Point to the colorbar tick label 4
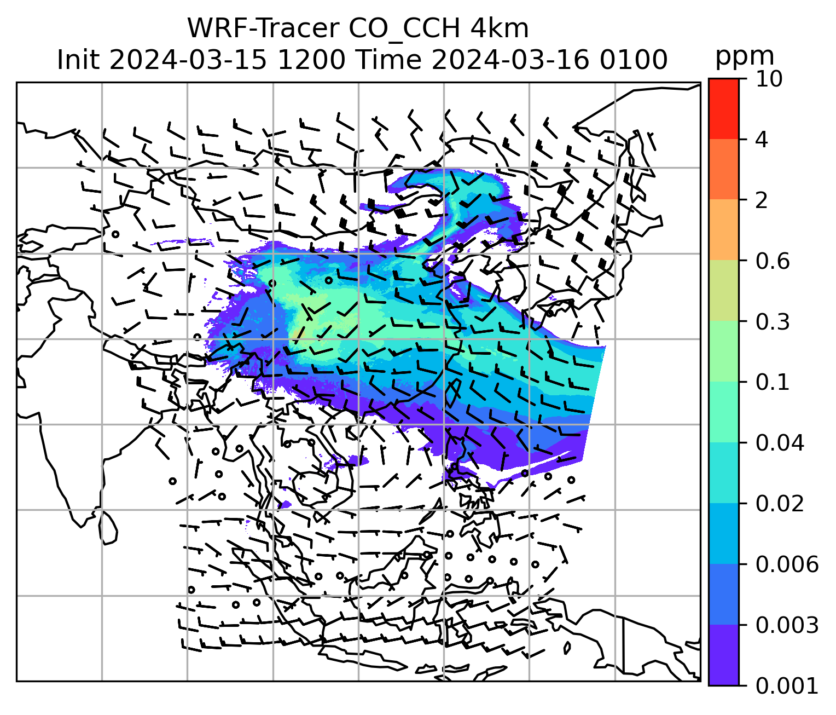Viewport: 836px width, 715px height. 762,140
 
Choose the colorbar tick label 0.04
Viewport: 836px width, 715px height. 780,443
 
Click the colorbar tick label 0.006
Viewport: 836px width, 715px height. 787,564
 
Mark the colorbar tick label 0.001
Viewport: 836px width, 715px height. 787,685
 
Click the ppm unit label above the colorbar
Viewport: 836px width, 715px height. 745,56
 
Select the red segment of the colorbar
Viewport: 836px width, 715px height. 723,108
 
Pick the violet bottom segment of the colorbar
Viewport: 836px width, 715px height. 723,655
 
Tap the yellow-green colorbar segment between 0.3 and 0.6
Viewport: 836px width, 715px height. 723,291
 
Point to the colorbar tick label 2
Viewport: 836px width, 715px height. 762,200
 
